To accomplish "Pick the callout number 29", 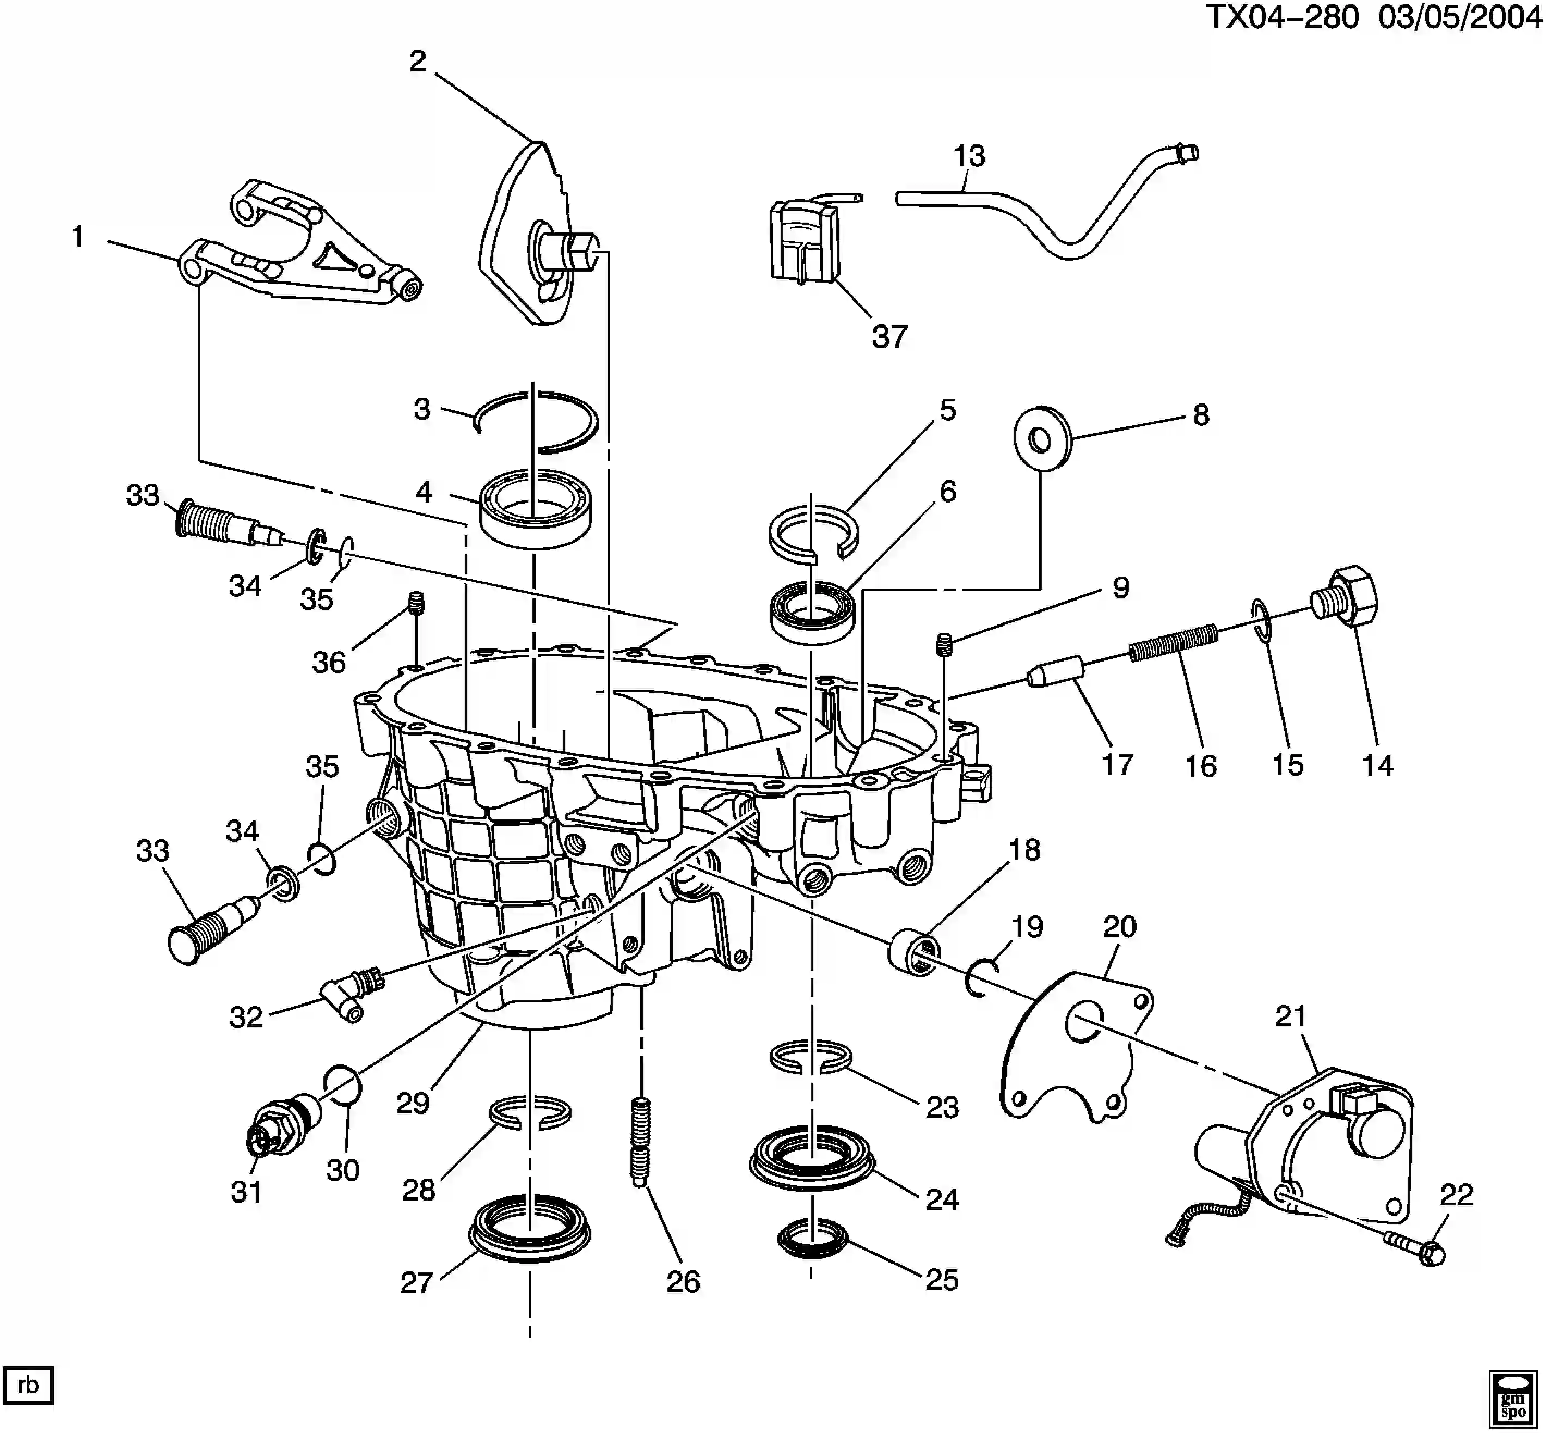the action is click(413, 1103).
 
